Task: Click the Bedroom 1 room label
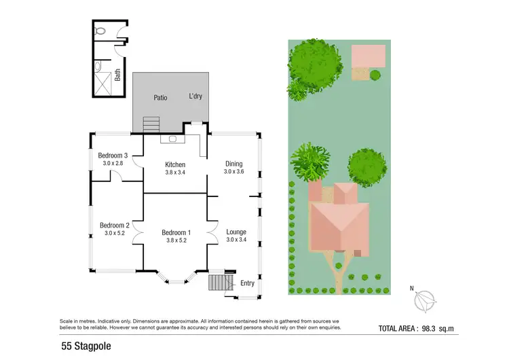176,233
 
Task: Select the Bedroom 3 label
113,156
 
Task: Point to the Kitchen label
176,164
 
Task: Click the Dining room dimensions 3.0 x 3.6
233,172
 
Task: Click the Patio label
160,98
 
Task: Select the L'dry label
195,96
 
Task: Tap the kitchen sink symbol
173,139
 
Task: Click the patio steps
151,124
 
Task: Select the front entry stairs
217,282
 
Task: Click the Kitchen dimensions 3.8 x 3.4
176,172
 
